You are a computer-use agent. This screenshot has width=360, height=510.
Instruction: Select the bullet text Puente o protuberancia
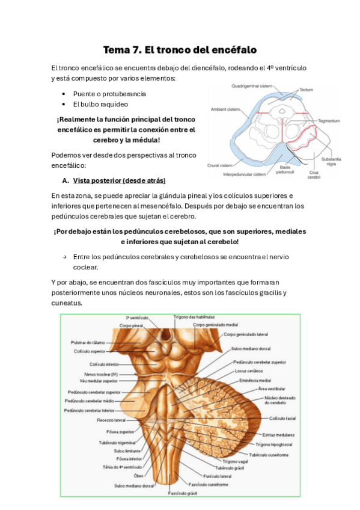click(x=109, y=94)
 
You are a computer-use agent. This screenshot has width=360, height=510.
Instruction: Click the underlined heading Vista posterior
click(x=119, y=180)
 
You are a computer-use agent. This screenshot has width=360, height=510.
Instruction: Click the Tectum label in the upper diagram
click(x=307, y=90)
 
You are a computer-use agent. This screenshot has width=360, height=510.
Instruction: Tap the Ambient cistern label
click(x=226, y=109)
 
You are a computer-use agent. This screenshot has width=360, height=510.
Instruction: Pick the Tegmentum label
click(x=329, y=120)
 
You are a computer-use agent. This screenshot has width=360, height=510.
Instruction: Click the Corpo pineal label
click(x=131, y=325)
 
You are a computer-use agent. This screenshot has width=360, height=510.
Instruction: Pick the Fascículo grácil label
click(x=184, y=493)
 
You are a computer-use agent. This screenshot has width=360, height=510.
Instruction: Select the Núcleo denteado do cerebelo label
click(x=280, y=401)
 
